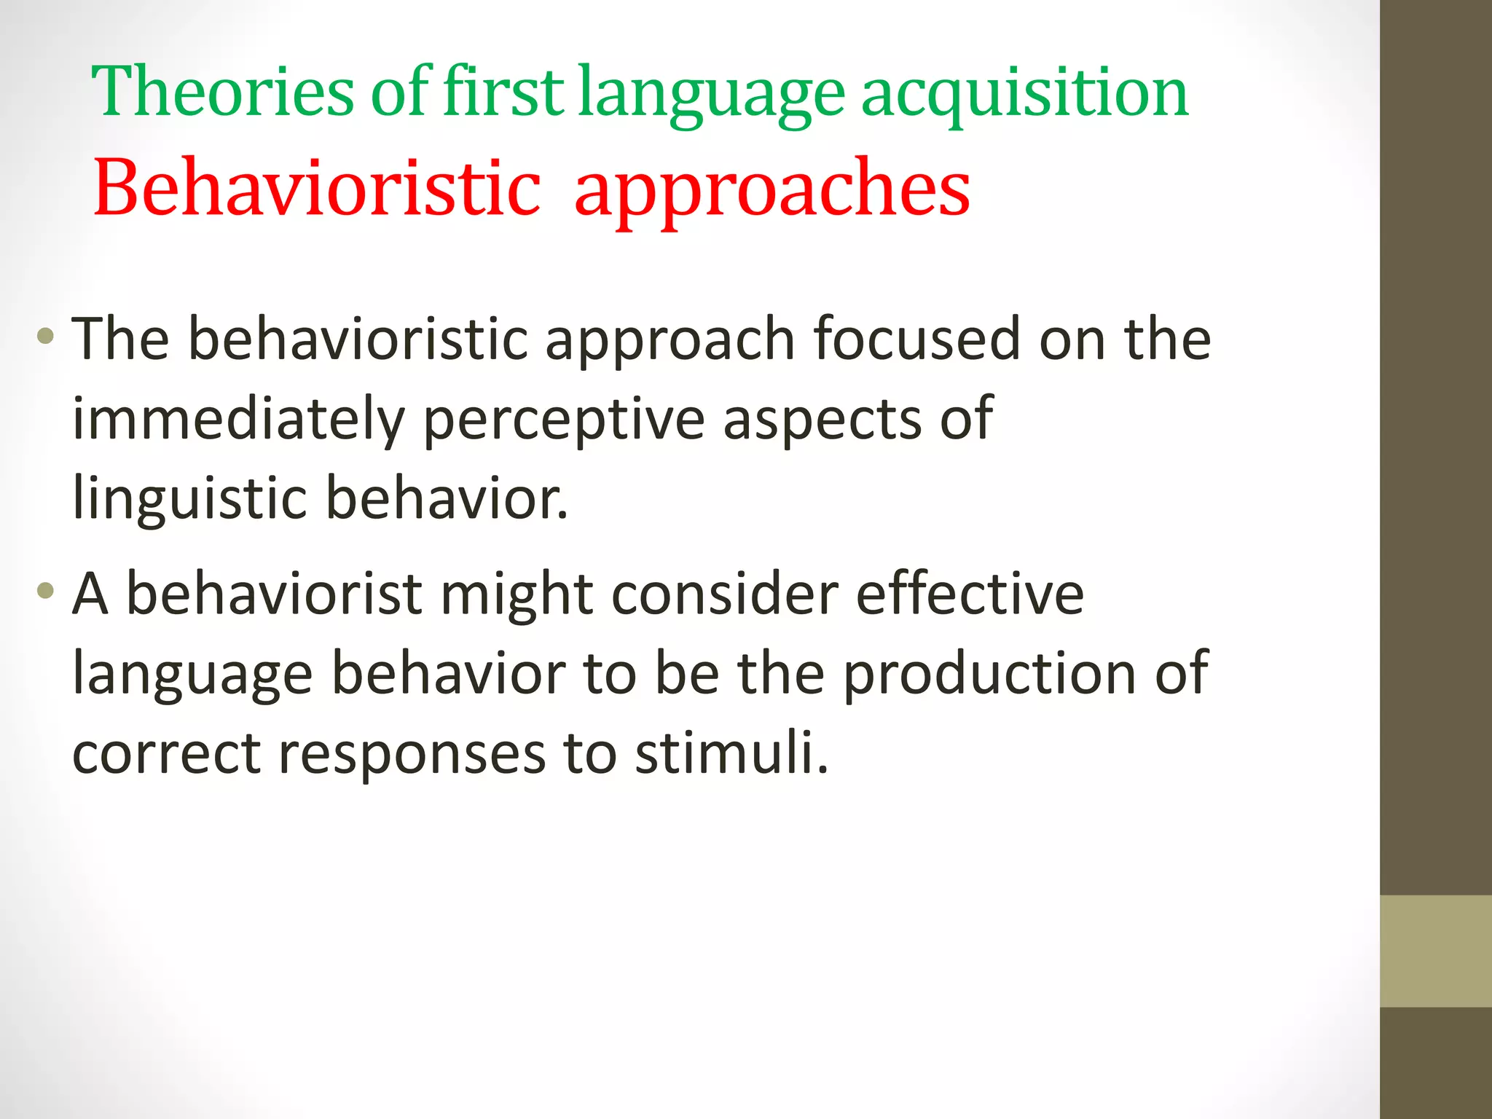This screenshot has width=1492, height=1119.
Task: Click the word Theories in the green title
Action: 222,93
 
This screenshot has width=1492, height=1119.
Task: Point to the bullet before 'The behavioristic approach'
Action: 45,337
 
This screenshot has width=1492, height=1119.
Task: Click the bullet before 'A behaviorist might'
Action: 45,591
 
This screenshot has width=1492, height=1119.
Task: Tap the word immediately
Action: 238,420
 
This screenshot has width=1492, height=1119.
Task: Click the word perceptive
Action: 564,420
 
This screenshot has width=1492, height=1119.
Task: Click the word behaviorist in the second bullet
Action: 274,594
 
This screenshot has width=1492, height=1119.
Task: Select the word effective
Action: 970,594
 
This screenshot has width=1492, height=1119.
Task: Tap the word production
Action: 990,674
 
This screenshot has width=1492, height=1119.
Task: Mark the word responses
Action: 412,753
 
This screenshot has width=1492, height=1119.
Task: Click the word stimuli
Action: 731,753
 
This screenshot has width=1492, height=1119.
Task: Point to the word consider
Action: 725,594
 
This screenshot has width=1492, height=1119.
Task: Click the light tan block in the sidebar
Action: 1435,951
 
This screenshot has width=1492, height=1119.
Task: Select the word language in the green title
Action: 711,93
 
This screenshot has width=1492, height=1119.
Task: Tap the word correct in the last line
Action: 166,753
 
